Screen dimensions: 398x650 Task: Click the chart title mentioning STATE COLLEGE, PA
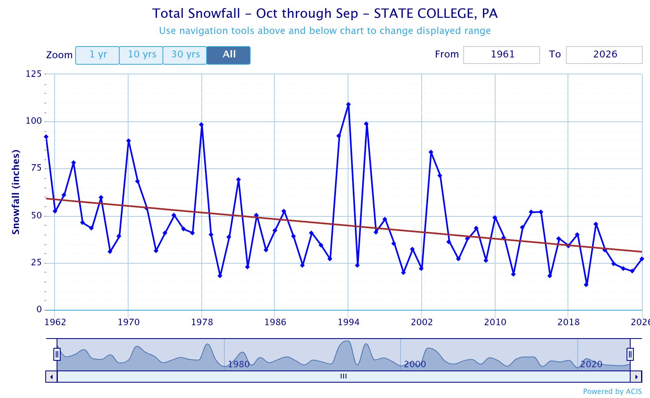[325, 14]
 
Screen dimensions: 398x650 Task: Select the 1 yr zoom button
[97, 55]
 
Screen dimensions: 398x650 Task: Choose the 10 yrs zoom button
[141, 55]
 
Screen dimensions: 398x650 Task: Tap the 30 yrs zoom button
[185, 55]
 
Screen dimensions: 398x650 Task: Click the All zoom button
[229, 55]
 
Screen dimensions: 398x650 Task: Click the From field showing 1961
[501, 55]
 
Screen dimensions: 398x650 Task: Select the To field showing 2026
[604, 55]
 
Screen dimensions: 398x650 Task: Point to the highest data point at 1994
[348, 104]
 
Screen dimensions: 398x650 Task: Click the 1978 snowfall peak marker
[201, 125]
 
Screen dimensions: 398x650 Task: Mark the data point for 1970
[129, 141]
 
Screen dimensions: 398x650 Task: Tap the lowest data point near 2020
[586, 285]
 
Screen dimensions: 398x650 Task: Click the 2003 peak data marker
[431, 152]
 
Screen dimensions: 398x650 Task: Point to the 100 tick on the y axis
[34, 121]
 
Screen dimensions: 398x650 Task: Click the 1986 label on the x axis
[275, 322]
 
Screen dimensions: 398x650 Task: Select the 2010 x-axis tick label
[495, 322]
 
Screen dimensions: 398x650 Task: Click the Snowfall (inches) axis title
[16, 192]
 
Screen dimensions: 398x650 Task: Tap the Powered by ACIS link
[612, 392]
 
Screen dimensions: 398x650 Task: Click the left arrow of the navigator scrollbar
[51, 377]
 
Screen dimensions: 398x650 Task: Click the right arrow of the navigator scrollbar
[636, 377]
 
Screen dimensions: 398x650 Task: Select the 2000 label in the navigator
[415, 364]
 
